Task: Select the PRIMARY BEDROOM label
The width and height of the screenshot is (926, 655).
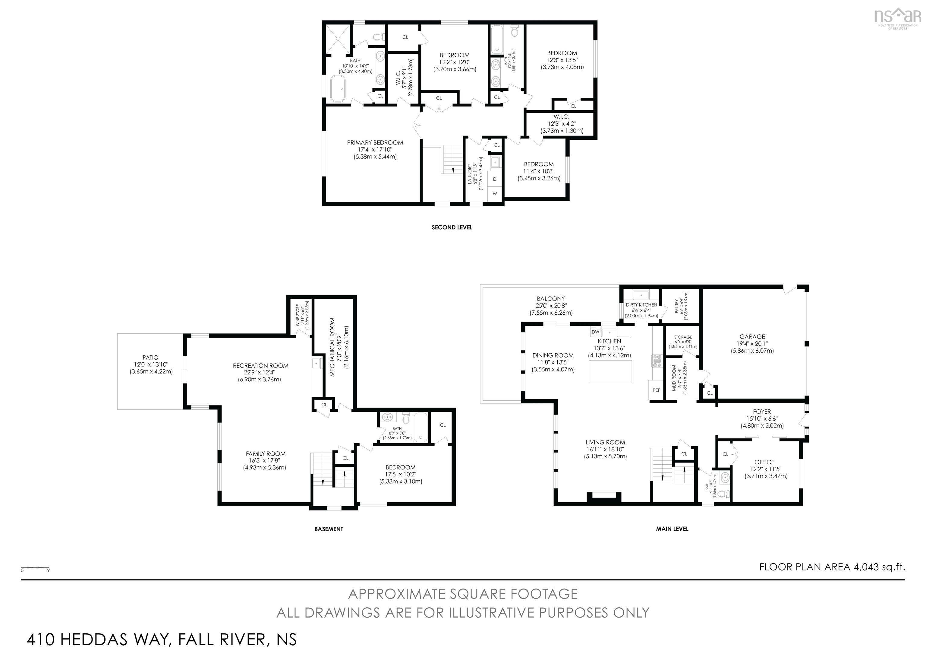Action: (375, 142)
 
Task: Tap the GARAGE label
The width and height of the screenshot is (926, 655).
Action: (752, 337)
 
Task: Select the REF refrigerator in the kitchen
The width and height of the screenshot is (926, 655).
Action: (656, 390)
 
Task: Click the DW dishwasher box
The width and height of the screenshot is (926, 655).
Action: (595, 332)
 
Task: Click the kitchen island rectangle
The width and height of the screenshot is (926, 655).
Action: (610, 371)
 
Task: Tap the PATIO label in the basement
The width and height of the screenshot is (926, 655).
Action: (150, 357)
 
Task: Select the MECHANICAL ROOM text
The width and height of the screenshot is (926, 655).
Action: (332, 347)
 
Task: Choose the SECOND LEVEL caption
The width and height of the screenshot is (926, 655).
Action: (452, 227)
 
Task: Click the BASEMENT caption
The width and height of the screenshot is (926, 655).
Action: (328, 529)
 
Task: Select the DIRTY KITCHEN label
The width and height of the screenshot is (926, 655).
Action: (641, 305)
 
